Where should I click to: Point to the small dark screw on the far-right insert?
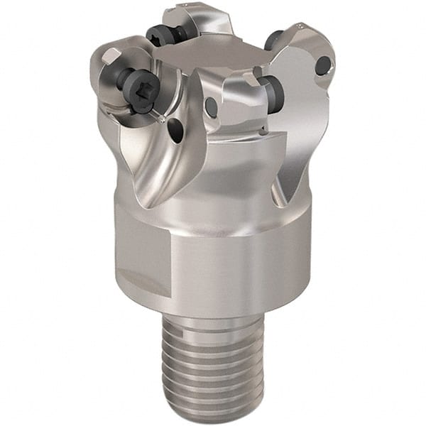(322, 66)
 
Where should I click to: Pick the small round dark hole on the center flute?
(211, 106)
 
